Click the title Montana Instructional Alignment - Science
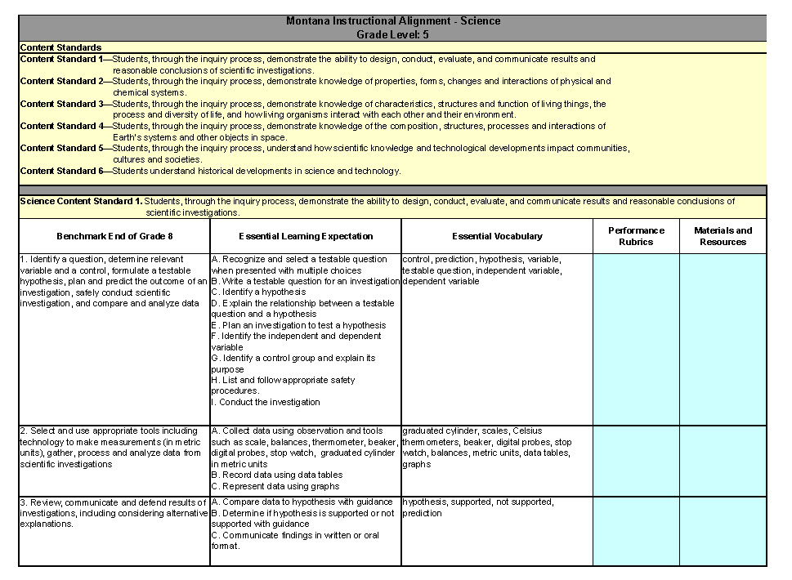click(393, 21)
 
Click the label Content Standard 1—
click(65, 60)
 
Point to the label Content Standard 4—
click(65, 127)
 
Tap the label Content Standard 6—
click(65, 172)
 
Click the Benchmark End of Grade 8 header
click(114, 236)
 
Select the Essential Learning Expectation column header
click(306, 236)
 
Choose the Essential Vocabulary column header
click(497, 236)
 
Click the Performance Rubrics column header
click(636, 236)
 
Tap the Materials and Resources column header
click(723, 236)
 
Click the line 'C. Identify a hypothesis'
click(258, 292)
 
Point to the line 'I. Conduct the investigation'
click(266, 403)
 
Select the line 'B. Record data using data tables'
click(277, 475)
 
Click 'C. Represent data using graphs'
click(275, 487)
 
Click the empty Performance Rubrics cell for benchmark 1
click(636, 339)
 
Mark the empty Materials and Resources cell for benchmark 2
click(723, 461)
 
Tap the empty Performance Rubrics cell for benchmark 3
click(636, 531)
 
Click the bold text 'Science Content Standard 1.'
click(81, 201)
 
